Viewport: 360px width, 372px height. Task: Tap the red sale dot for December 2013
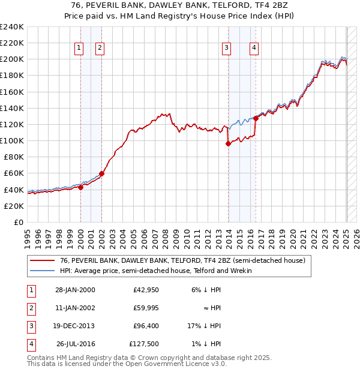tap(228, 143)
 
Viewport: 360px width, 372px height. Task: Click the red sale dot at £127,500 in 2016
tap(256, 118)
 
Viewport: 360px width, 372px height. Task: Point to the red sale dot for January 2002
tap(101, 173)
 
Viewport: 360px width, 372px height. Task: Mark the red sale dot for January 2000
tap(80, 187)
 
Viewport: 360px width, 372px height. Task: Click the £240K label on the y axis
tap(11, 27)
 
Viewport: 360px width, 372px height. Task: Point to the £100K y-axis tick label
tap(11, 141)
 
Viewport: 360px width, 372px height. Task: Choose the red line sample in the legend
tap(42, 260)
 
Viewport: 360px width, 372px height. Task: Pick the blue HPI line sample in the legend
tap(42, 271)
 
